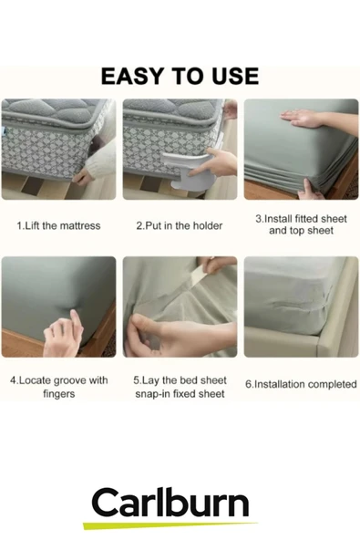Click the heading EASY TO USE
180,76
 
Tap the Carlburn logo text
170,503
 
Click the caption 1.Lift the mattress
58,226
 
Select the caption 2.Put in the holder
180,226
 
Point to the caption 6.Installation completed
301,384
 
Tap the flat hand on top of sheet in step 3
303,119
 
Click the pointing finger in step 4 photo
74,318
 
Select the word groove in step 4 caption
70,381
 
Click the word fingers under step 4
59,394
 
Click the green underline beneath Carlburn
170,525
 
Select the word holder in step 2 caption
208,226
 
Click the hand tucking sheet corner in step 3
310,192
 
